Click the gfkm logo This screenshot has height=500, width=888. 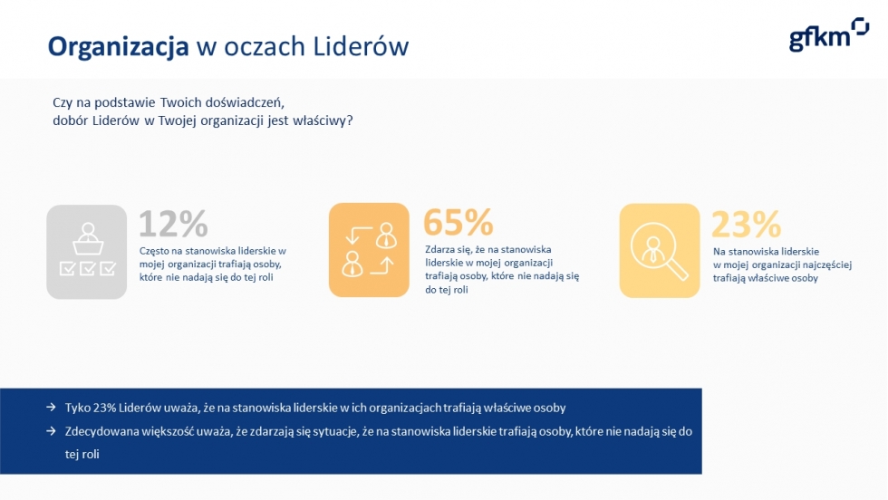[x=828, y=34]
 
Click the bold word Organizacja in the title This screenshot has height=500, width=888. [x=119, y=47]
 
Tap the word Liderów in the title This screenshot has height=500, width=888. [x=361, y=46]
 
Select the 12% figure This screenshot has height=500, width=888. [x=174, y=224]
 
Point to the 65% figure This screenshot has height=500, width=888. [x=458, y=222]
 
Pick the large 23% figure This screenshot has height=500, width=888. [x=747, y=225]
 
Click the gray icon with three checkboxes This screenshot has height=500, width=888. [x=87, y=252]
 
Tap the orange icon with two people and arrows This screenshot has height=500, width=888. [x=369, y=250]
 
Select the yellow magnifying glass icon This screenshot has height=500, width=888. [x=660, y=250]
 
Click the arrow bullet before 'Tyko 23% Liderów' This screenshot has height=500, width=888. [x=51, y=407]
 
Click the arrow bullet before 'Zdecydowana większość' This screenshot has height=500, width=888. [x=51, y=431]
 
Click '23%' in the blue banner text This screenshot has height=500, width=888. [x=104, y=408]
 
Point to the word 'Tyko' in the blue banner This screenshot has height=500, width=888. [x=77, y=408]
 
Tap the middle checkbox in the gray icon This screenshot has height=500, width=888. [x=87, y=268]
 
